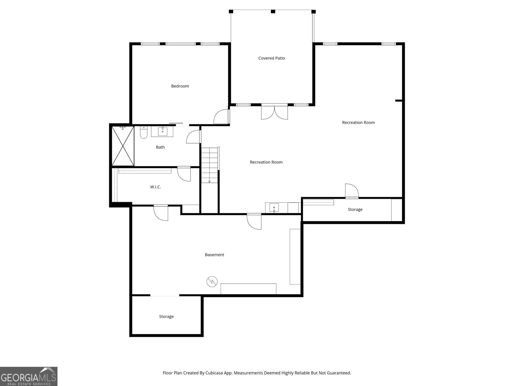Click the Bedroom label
tap(180, 86)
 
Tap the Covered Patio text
tap(271, 58)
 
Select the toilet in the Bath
tap(144, 133)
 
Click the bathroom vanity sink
tap(163, 131)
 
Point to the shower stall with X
tap(123, 146)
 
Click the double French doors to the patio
tap(274, 112)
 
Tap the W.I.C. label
tap(155, 187)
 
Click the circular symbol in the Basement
tap(212, 282)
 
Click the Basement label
tap(214, 255)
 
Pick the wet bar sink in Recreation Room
tap(274, 207)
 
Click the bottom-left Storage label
tap(166, 317)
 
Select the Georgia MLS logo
tap(29, 376)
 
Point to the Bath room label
tap(160, 147)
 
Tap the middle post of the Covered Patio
tap(273, 12)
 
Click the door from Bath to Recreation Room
tap(193, 136)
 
